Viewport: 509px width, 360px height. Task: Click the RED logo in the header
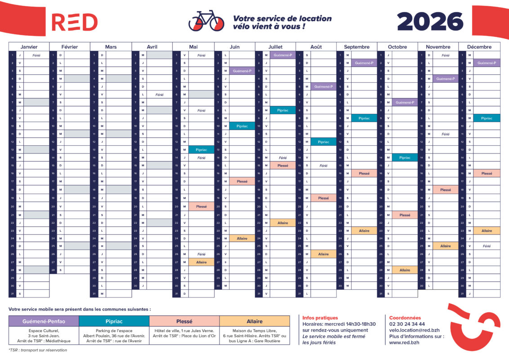click(74, 22)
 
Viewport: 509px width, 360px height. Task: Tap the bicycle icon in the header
click(206, 21)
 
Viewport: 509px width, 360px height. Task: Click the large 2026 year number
click(430, 22)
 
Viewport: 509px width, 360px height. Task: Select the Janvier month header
click(29, 47)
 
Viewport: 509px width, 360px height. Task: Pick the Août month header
click(316, 47)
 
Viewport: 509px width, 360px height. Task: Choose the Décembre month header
click(479, 47)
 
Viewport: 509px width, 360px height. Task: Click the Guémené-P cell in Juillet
click(283, 55)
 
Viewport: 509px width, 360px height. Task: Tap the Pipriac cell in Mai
click(201, 150)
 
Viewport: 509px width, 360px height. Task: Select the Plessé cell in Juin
click(242, 181)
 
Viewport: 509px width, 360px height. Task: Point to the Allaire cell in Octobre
click(405, 270)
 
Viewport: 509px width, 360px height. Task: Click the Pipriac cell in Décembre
click(487, 118)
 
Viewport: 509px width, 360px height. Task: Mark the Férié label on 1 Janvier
click(36, 55)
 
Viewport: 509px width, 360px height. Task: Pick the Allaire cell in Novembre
click(445, 246)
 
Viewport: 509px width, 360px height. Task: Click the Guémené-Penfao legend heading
click(44, 321)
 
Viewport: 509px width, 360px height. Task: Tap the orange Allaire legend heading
click(254, 321)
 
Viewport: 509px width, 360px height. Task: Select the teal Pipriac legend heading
click(114, 321)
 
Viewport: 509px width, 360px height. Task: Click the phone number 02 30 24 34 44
click(407, 324)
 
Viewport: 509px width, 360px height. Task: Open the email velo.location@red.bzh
click(414, 330)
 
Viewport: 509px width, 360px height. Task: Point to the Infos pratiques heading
click(321, 318)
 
